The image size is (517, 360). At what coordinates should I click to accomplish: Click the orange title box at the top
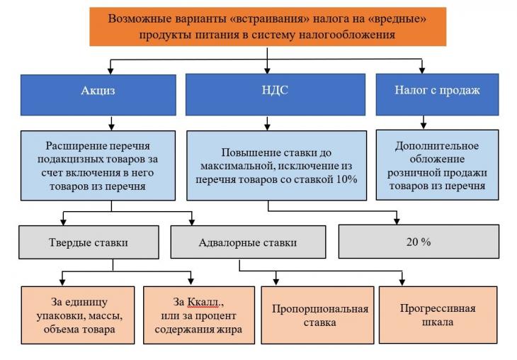[x=268, y=27]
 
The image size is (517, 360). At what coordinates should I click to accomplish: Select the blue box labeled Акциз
[x=98, y=95]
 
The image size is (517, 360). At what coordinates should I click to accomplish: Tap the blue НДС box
[x=275, y=95]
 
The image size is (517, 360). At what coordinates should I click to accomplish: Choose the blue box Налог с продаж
[x=437, y=95]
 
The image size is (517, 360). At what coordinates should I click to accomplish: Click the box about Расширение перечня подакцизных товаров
[x=98, y=166]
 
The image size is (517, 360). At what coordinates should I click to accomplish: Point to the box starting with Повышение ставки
[x=277, y=166]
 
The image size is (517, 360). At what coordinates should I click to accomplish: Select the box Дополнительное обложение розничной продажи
[x=437, y=165]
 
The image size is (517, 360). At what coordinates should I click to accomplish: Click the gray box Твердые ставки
[x=89, y=242]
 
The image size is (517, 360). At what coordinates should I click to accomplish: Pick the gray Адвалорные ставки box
[x=248, y=242]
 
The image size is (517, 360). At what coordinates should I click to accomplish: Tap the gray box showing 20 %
[x=419, y=242]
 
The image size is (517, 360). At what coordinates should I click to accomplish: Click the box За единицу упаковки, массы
[x=78, y=315]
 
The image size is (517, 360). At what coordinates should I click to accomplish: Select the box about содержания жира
[x=199, y=315]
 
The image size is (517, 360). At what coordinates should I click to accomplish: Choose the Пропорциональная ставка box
[x=317, y=315]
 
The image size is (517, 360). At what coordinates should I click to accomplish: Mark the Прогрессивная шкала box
[x=438, y=315]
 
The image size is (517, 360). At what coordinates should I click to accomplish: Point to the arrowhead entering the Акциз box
[x=110, y=71]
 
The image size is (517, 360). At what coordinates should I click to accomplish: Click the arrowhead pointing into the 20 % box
[x=397, y=221]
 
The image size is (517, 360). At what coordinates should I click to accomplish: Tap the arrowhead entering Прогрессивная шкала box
[x=402, y=283]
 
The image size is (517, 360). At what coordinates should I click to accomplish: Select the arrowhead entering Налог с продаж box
[x=421, y=70]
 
